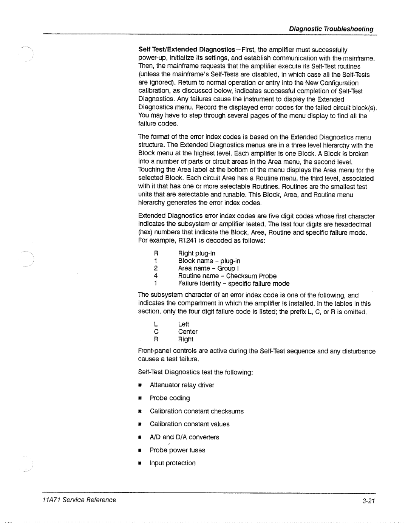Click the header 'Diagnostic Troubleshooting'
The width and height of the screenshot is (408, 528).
pyautogui.click(x=331, y=29)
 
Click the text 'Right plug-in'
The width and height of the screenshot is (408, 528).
pyautogui.click(x=196, y=253)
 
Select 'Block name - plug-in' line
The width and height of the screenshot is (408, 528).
pyautogui.click(x=209, y=261)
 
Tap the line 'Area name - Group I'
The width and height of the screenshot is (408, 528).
pyautogui.click(x=207, y=268)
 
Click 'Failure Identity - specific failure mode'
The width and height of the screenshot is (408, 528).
pyautogui.click(x=233, y=283)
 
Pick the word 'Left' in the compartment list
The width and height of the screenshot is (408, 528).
pyautogui.click(x=183, y=324)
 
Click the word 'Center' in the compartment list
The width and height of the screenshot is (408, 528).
pyautogui.click(x=188, y=332)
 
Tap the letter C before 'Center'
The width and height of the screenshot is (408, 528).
pyautogui.click(x=155, y=332)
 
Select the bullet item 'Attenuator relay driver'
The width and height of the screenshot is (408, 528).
pyautogui.click(x=182, y=385)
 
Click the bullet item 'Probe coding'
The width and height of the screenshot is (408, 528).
pyautogui.click(x=170, y=398)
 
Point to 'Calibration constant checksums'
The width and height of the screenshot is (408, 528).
pyautogui.click(x=196, y=411)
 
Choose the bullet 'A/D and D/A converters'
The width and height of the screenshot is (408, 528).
pyautogui.click(x=184, y=437)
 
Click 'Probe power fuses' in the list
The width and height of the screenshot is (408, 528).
pyautogui.click(x=177, y=450)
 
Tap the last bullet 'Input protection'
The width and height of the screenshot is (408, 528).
pyautogui.click(x=173, y=463)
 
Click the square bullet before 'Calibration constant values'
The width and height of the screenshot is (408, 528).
pyautogui.click(x=139, y=424)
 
